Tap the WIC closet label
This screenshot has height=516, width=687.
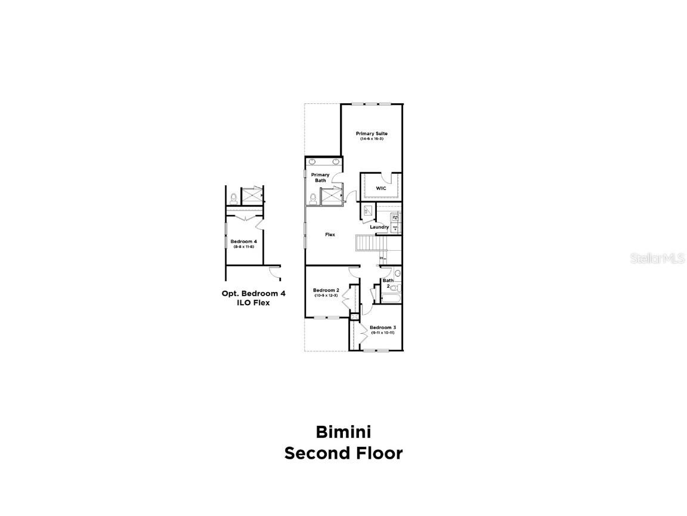pyautogui.click(x=380, y=188)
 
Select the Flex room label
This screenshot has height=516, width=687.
pyautogui.click(x=330, y=235)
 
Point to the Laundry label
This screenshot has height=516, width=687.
pyautogui.click(x=379, y=227)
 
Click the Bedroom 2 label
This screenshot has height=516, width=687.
pyautogui.click(x=326, y=290)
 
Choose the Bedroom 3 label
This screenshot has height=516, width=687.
pyautogui.click(x=382, y=327)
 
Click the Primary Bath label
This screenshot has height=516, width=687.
pyautogui.click(x=320, y=177)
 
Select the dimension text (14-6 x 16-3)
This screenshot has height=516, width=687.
pyautogui.click(x=372, y=139)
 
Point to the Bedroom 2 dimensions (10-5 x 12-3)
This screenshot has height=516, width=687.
pyautogui.click(x=326, y=296)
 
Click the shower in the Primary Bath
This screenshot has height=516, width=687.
pyautogui.click(x=332, y=195)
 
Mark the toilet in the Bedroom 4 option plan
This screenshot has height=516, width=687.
pyautogui.click(x=234, y=197)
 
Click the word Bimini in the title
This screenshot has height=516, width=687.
pyautogui.click(x=343, y=431)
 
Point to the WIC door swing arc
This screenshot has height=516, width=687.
pyautogui.click(x=389, y=177)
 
